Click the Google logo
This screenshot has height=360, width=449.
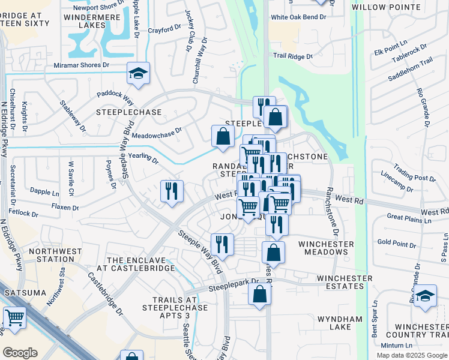(20, 353)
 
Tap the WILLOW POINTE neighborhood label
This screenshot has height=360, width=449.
(394, 7)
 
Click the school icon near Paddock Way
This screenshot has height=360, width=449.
(139, 74)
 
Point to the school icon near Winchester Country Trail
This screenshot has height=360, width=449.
(425, 296)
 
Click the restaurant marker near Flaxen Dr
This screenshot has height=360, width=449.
(172, 191)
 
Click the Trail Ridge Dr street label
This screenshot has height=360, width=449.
(293, 56)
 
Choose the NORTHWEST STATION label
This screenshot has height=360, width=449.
(51, 255)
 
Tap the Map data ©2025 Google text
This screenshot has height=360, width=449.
(411, 355)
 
